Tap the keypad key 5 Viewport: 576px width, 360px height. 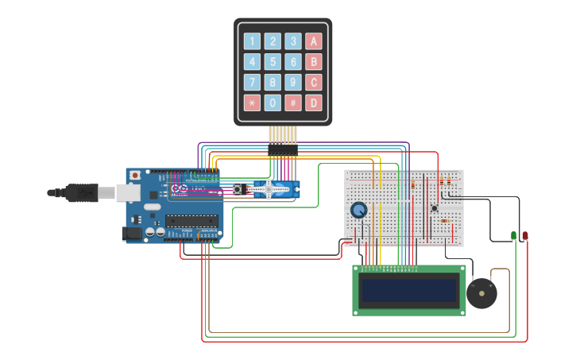273,62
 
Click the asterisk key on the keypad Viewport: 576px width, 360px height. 252,103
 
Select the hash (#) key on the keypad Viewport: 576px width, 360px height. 293,103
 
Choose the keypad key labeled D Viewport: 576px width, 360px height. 314,103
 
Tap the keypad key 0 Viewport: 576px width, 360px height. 273,103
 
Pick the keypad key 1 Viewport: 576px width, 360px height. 252,41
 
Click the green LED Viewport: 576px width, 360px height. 514,235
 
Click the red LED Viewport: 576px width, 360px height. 524,235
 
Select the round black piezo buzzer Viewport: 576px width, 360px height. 481,293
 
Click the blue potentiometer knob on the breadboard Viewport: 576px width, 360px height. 359,210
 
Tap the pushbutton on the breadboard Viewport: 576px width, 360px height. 434,208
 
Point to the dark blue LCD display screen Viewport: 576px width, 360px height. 408,291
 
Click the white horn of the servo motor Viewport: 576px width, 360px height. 269,189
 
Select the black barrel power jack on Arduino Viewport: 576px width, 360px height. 131,233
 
